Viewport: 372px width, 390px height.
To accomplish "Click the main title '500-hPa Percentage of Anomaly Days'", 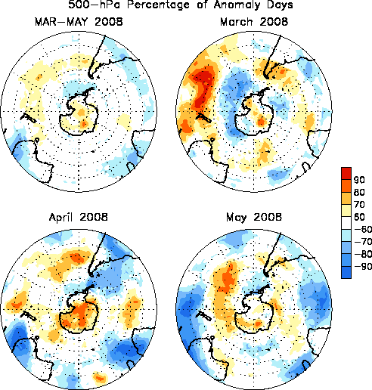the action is tap(181, 5).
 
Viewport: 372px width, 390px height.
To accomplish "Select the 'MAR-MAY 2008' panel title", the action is tap(79, 22).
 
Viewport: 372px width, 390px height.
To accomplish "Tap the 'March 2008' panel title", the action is tap(254, 22).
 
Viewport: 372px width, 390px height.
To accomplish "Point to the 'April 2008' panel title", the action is tap(79, 217).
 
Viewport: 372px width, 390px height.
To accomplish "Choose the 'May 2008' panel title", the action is tap(254, 218).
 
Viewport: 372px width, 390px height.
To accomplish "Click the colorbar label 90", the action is tap(359, 180).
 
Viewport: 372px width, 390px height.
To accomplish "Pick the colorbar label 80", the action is tap(359, 193).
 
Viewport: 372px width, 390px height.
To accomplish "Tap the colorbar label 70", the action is tap(359, 205).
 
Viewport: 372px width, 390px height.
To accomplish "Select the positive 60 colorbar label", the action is tap(359, 217).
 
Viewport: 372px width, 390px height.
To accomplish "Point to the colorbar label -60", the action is tap(363, 229).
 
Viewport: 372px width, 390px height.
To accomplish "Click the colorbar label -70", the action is tap(363, 242).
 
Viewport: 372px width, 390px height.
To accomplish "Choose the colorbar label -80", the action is tap(363, 254).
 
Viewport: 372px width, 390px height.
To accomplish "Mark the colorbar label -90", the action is tap(363, 266).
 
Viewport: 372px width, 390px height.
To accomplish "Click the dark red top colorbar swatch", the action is tap(346, 173).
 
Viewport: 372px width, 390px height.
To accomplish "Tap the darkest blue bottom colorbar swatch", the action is tap(346, 272).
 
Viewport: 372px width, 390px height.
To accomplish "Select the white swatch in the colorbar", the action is tap(346, 223).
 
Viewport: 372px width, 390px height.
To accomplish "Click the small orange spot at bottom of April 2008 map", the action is tap(100, 378).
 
